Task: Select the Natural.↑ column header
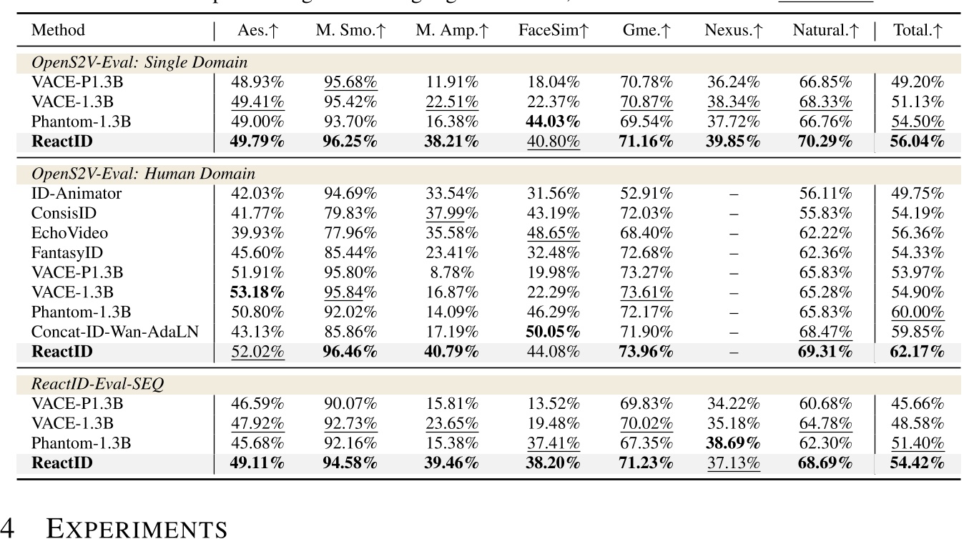[x=825, y=31]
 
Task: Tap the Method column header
[x=58, y=31]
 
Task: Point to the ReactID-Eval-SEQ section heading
[x=97, y=384]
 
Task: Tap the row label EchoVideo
[x=69, y=232]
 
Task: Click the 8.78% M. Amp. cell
[x=452, y=272]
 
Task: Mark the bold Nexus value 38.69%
[x=733, y=443]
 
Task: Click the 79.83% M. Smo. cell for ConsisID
[x=350, y=213]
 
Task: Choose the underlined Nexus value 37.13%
[x=733, y=463]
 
